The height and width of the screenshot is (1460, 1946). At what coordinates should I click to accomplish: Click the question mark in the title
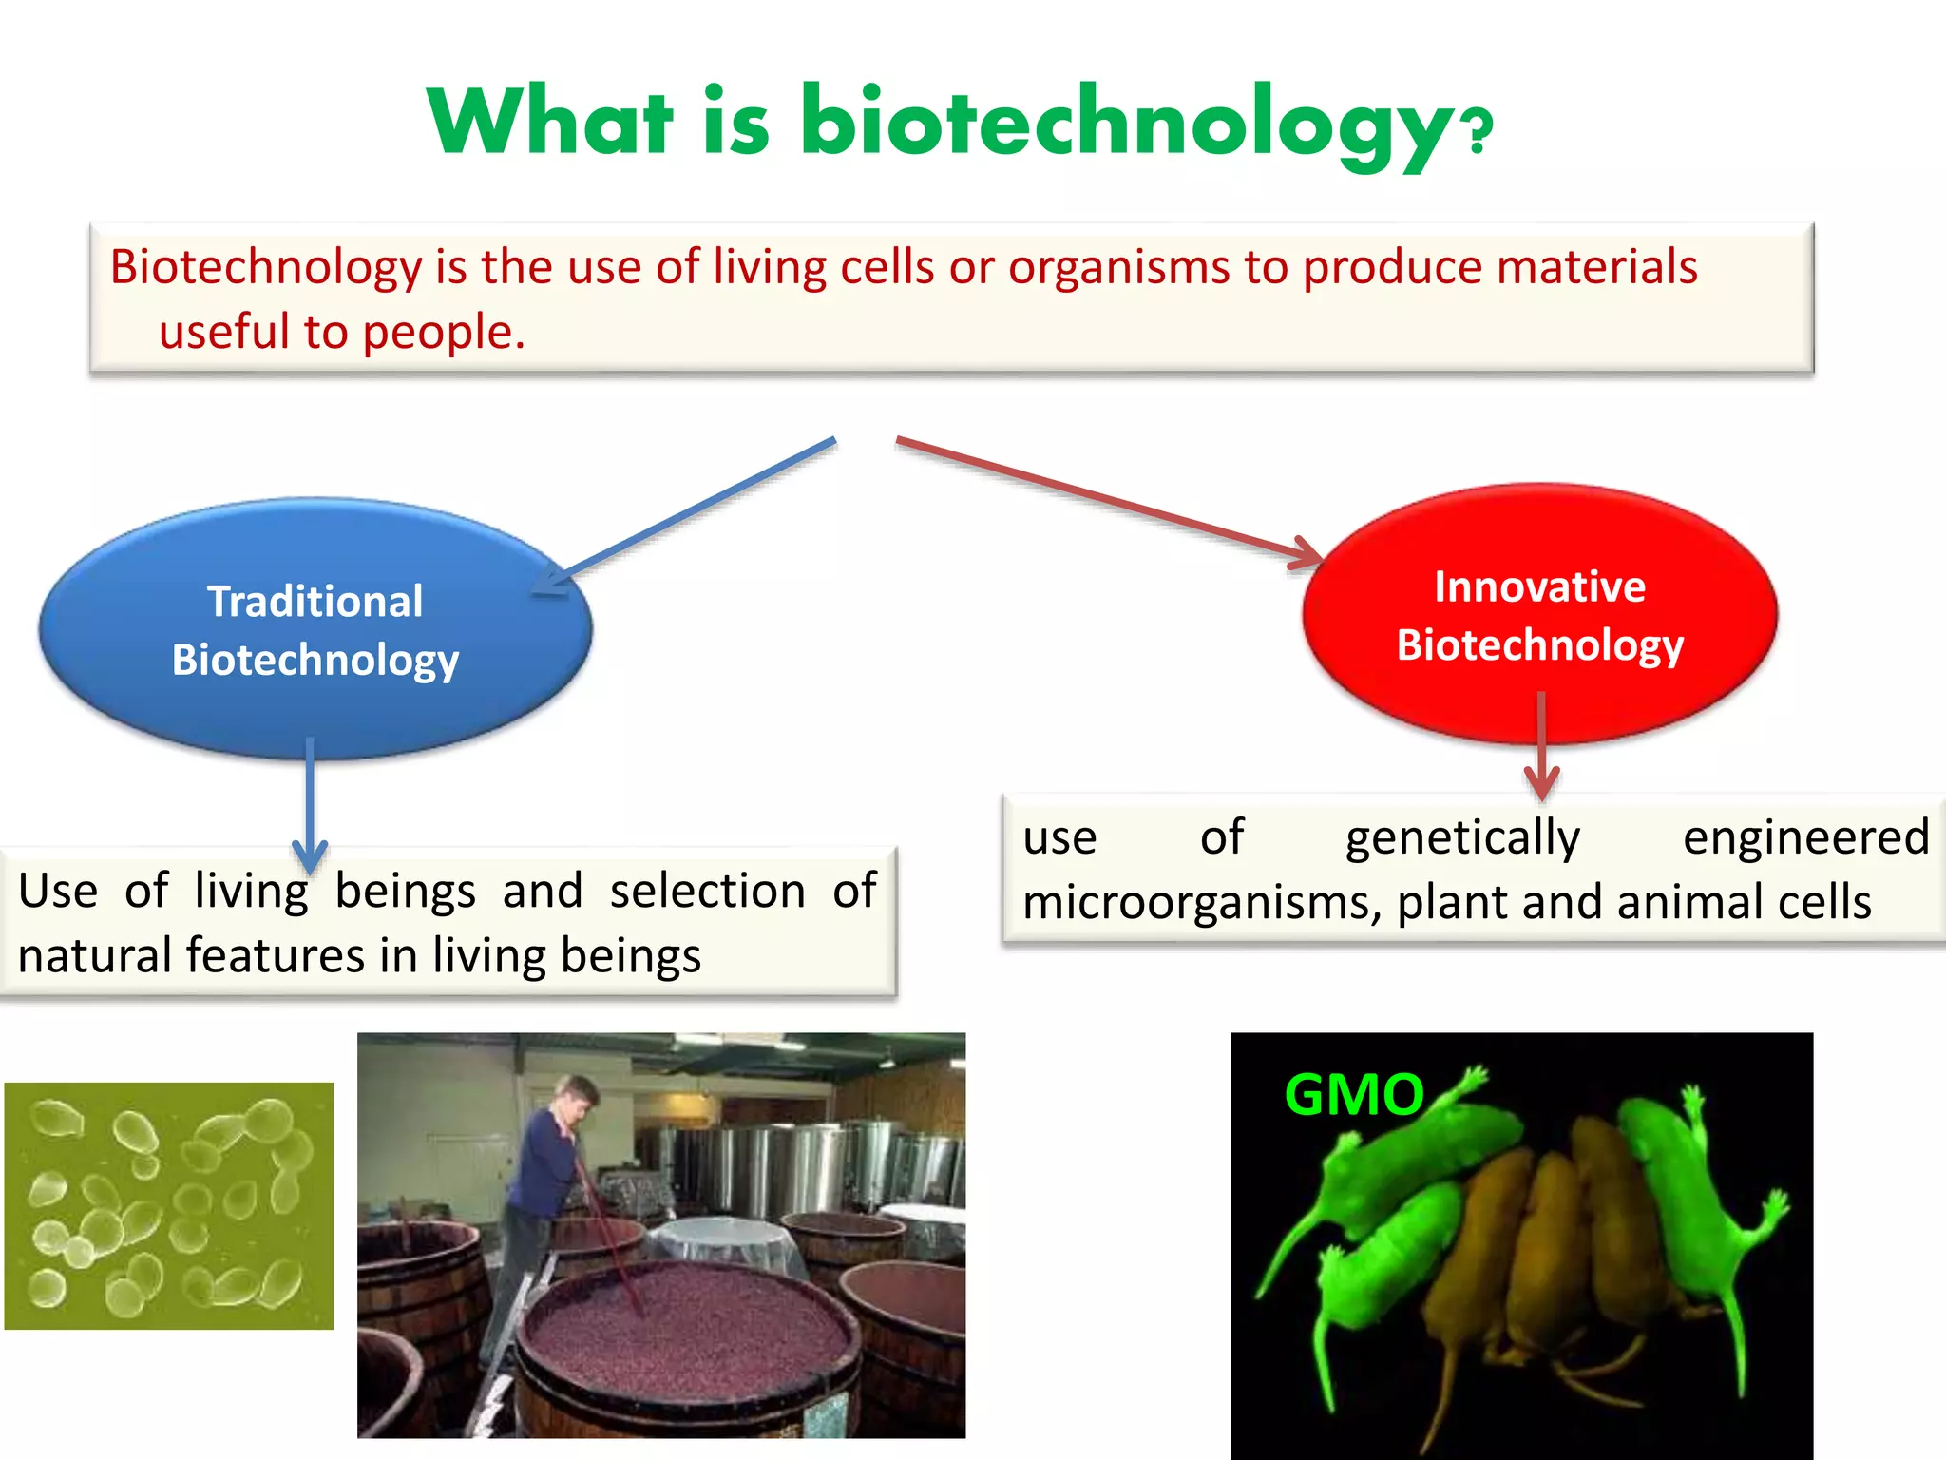(1479, 132)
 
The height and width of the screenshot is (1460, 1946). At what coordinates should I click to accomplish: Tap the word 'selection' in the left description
(707, 891)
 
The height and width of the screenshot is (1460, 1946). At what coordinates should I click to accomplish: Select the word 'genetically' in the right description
(1462, 838)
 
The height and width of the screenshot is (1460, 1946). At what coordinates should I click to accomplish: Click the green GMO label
(1353, 1095)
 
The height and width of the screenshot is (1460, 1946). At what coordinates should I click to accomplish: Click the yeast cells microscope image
(169, 1205)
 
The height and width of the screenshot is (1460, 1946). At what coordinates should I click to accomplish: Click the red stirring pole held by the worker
(608, 1245)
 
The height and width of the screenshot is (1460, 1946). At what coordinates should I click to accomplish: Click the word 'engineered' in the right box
(1805, 838)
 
